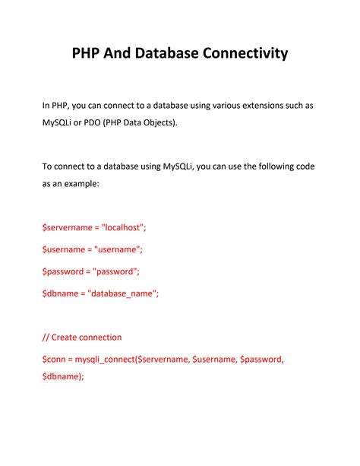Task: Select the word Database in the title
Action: (167, 53)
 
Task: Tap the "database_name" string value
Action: (124, 293)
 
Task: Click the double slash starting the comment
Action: (46, 337)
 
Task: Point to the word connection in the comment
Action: (102, 337)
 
